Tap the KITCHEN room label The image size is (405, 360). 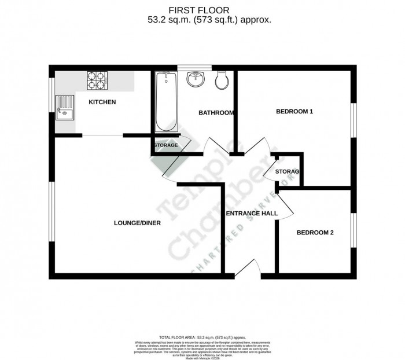pyautogui.click(x=102, y=102)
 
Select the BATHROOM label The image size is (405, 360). pyautogui.click(x=216, y=113)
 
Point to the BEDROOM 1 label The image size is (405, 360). pyautogui.click(x=294, y=112)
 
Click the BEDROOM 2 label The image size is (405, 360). pyautogui.click(x=315, y=233)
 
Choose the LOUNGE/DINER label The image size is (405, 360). pyautogui.click(x=137, y=223)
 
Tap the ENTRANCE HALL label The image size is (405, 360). pyautogui.click(x=251, y=214)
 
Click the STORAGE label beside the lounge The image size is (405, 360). pyautogui.click(x=166, y=145)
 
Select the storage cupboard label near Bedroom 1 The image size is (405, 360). pyautogui.click(x=287, y=172)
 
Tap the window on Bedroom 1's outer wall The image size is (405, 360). pyautogui.click(x=352, y=120)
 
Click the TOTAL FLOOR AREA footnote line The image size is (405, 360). pyautogui.click(x=203, y=336)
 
